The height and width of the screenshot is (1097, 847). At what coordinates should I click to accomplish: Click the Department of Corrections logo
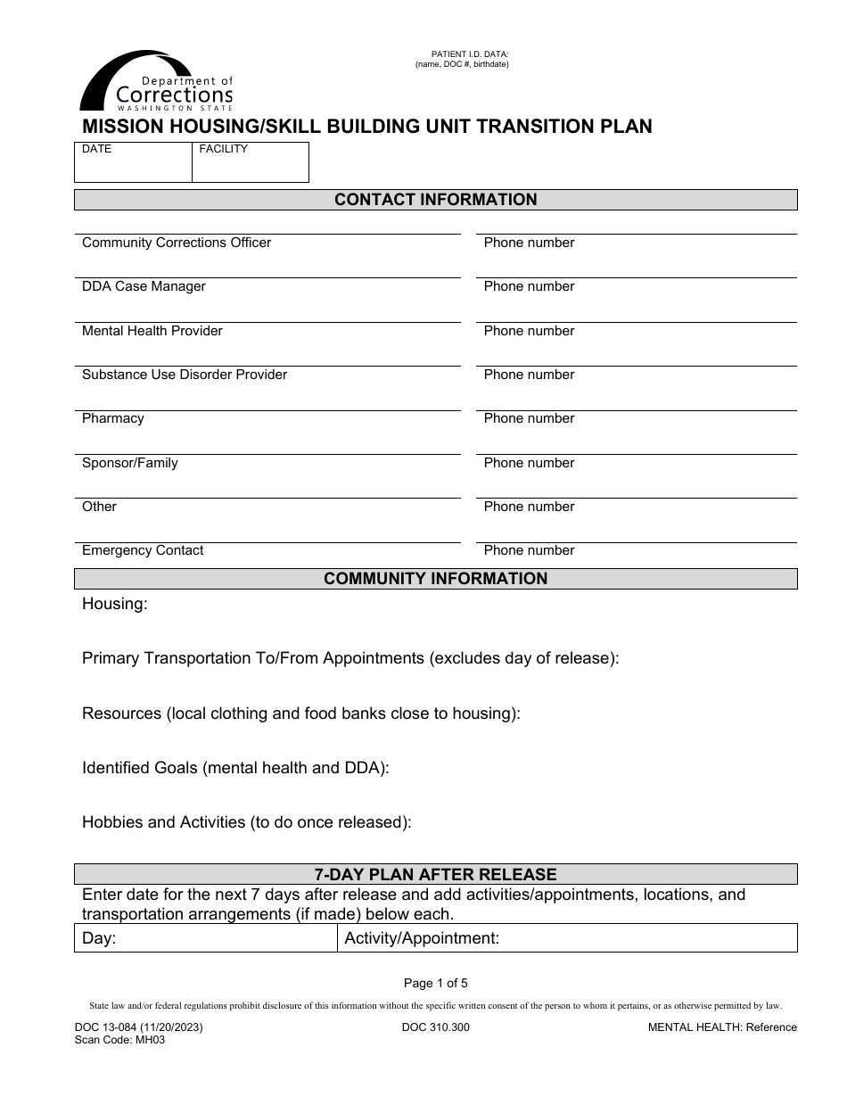156,82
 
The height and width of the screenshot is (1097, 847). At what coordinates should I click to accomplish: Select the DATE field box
133,162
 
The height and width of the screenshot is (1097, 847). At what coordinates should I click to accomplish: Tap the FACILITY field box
250,162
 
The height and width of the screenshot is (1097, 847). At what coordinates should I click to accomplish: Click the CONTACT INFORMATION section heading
435,200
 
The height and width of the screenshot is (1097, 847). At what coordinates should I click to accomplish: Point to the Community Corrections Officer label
177,243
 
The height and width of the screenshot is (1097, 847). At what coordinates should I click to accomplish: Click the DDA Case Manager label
144,286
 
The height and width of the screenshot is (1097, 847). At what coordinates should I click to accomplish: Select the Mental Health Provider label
152,331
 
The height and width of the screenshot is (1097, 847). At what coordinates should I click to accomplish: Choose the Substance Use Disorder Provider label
185,375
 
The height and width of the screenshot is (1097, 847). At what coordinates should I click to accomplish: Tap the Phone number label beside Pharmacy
529,418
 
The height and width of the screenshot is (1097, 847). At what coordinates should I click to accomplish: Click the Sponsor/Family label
130,463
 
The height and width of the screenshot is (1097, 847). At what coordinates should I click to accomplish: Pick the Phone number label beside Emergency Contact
529,550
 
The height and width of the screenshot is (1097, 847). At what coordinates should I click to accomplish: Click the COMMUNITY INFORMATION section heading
435,579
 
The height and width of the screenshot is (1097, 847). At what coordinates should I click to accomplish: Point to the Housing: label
115,604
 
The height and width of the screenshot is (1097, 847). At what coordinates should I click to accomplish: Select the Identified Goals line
235,768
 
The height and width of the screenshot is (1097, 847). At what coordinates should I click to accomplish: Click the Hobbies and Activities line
247,822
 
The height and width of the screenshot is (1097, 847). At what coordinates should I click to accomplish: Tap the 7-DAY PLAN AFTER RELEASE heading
435,874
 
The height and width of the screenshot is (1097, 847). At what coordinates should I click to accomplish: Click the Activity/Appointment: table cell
566,938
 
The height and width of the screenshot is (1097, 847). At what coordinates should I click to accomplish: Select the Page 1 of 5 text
435,984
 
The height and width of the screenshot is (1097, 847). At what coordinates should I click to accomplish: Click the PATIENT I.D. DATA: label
470,54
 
